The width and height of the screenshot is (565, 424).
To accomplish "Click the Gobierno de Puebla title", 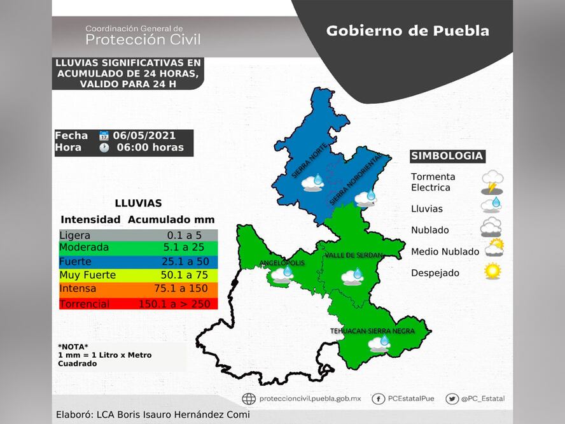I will pos(407,31).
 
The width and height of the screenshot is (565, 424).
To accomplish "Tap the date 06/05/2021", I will pos(144,136).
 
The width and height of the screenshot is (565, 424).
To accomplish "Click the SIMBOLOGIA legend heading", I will pos(447,156).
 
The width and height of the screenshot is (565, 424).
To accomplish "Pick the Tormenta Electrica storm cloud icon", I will pos(492,181).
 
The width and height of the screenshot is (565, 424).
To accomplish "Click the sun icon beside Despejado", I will pos(492,271).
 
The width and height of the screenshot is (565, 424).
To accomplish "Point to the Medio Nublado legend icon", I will pos(494,247).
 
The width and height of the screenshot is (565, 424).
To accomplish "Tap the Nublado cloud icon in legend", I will pos(491,227).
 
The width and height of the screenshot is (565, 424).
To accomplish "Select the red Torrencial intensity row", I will pos(138,304).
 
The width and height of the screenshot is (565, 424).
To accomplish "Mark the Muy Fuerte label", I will pos(87,275).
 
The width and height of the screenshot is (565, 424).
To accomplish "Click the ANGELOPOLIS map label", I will pos(281,263).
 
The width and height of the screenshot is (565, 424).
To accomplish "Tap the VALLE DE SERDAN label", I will pos(354,255).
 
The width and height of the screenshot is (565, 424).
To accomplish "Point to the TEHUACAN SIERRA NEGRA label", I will pos(372,331).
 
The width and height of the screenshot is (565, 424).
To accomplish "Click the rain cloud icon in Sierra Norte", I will pos(313,183).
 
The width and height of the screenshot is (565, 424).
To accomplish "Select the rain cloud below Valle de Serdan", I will pos(352,276).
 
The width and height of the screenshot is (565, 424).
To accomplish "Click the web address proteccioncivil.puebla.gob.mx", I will pos(310,399).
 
